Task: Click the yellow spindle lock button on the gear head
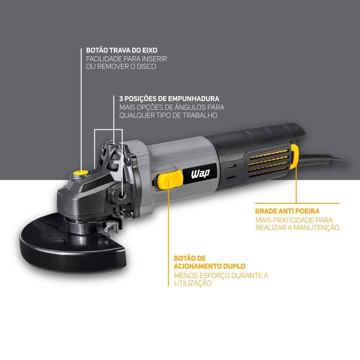tap(80, 173)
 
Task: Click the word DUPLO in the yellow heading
tap(233, 266)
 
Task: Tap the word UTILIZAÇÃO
tap(192, 283)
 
